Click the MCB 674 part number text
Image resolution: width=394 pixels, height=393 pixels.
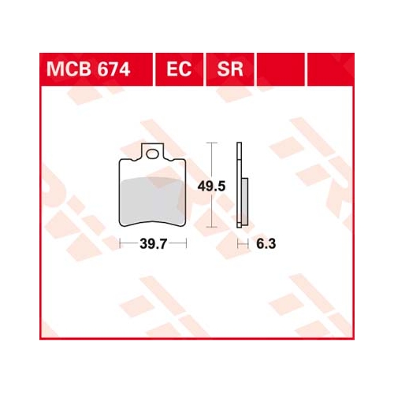point(88,69)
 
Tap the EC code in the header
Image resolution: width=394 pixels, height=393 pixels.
point(179,69)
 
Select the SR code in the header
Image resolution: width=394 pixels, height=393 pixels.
point(230,69)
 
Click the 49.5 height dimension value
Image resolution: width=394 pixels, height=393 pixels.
point(211,187)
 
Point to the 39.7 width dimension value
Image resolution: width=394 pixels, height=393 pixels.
point(154,244)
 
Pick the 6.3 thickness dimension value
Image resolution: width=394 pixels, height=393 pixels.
point(266,244)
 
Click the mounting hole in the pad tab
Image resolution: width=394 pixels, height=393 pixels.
point(152,154)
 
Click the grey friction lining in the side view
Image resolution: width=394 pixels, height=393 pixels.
point(244,202)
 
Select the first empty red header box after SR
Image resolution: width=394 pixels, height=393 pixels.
point(281,69)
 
